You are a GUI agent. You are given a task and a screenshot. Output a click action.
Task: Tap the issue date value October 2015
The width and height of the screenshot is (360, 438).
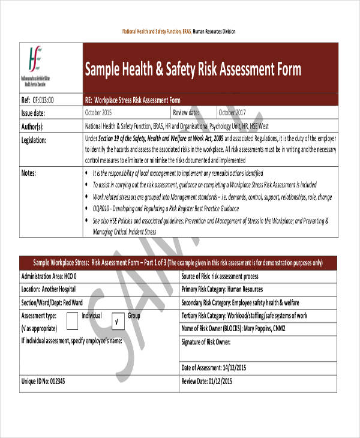coord(98,112)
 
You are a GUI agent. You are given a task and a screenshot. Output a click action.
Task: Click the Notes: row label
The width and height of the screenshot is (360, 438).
coord(29,173)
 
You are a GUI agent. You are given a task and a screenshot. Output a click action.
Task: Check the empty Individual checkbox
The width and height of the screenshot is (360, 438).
coord(72,321)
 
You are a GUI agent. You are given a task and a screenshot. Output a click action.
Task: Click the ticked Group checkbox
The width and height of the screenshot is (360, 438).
coord(118,321)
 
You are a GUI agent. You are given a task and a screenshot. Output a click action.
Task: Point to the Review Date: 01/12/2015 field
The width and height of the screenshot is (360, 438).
coord(208,381)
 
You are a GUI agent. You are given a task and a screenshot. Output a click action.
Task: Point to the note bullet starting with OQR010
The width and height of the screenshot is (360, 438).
coord(166,208)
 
